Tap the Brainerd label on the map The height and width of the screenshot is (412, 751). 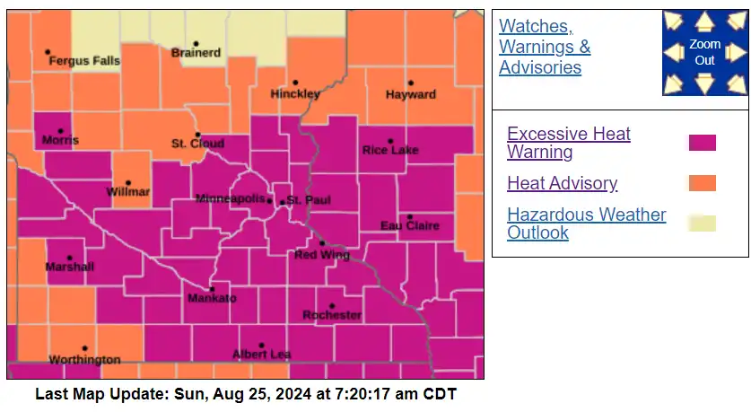pos(196,53)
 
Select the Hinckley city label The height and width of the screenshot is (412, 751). pos(295,94)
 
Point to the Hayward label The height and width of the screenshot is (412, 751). pos(410,94)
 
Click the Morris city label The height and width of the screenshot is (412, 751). pos(60,140)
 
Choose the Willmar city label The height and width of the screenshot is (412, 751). pos(127,192)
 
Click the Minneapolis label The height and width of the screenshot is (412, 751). pos(231,197)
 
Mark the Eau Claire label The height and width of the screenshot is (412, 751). pos(409,225)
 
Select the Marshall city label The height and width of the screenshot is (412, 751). pos(69,267)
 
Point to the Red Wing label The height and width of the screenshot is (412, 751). pos(319,255)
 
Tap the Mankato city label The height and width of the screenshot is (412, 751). pos(211,298)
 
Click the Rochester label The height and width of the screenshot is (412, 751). pos(331,315)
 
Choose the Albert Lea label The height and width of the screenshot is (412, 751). pos(261,355)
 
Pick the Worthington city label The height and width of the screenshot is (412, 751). pos(84,360)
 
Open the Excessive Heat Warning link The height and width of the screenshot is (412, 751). pos(568,143)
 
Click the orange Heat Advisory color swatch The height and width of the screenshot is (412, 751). pos(702,183)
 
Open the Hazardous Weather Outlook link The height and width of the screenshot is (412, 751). pos(586,224)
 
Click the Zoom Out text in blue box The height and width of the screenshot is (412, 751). pos(704,52)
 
